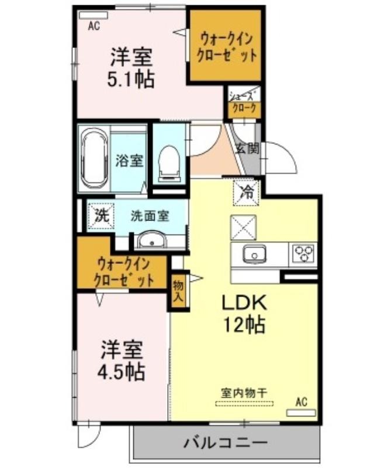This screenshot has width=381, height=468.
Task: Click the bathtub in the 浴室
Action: (94, 159)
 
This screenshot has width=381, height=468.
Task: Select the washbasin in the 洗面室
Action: (151, 240)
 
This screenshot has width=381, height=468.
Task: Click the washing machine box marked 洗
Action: (101, 216)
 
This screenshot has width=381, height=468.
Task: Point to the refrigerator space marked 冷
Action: (246, 192)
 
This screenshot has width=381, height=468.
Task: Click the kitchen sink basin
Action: (254, 254)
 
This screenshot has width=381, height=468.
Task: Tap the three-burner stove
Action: (303, 254)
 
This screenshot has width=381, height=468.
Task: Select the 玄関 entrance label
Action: (248, 148)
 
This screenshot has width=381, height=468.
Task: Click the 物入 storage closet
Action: (178, 290)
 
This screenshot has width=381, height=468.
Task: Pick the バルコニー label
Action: (226, 442)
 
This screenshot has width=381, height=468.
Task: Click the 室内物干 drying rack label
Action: (244, 393)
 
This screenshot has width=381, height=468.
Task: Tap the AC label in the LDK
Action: (301, 402)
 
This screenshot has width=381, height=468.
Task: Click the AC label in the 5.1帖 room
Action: (93, 26)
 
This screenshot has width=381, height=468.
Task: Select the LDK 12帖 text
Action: (243, 314)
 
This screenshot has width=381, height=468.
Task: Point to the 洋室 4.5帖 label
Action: (121, 360)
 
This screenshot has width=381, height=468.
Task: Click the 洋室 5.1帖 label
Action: (130, 68)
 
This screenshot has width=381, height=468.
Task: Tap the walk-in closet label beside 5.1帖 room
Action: (227, 47)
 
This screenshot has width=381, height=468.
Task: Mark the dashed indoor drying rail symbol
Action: (244, 404)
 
